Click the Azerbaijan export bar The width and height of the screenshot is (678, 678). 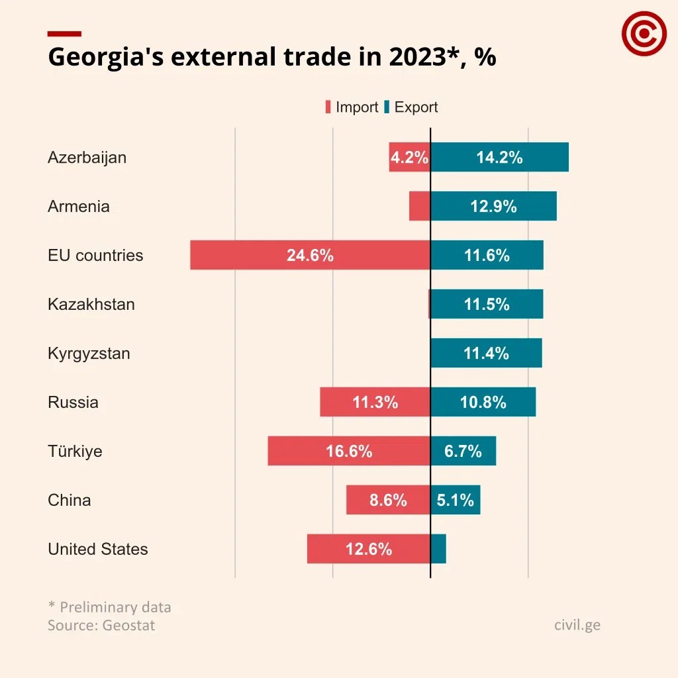(x=500, y=157)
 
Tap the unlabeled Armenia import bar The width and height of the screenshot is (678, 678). (x=420, y=206)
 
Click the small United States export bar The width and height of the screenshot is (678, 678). (x=438, y=549)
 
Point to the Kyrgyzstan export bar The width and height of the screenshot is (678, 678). (x=487, y=353)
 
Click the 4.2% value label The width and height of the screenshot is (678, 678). (x=409, y=158)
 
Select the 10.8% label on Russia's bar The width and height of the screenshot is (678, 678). (x=483, y=402)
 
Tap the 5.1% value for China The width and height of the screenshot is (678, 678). (x=456, y=500)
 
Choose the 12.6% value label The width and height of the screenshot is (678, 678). (x=369, y=549)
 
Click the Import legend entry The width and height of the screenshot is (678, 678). (x=352, y=107)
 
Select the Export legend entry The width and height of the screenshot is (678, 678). (x=411, y=107)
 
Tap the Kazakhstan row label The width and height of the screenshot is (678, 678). (x=91, y=304)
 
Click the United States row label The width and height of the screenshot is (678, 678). (x=98, y=549)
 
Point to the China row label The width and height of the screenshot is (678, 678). (x=70, y=500)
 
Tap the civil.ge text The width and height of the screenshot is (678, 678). (x=577, y=624)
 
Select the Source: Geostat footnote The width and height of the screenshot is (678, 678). (x=101, y=625)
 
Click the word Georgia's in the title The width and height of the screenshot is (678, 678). (x=105, y=58)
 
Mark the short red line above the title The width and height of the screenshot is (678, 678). (x=64, y=33)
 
